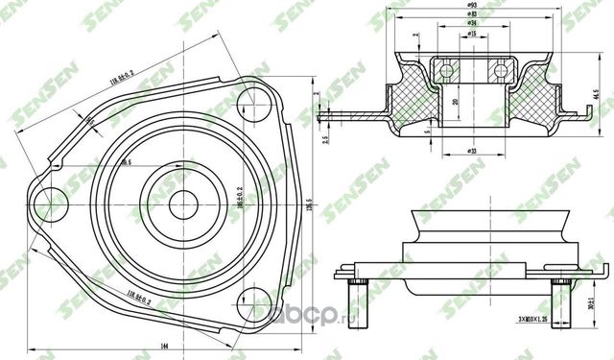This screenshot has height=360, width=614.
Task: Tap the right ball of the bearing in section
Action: click(x=499, y=70)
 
